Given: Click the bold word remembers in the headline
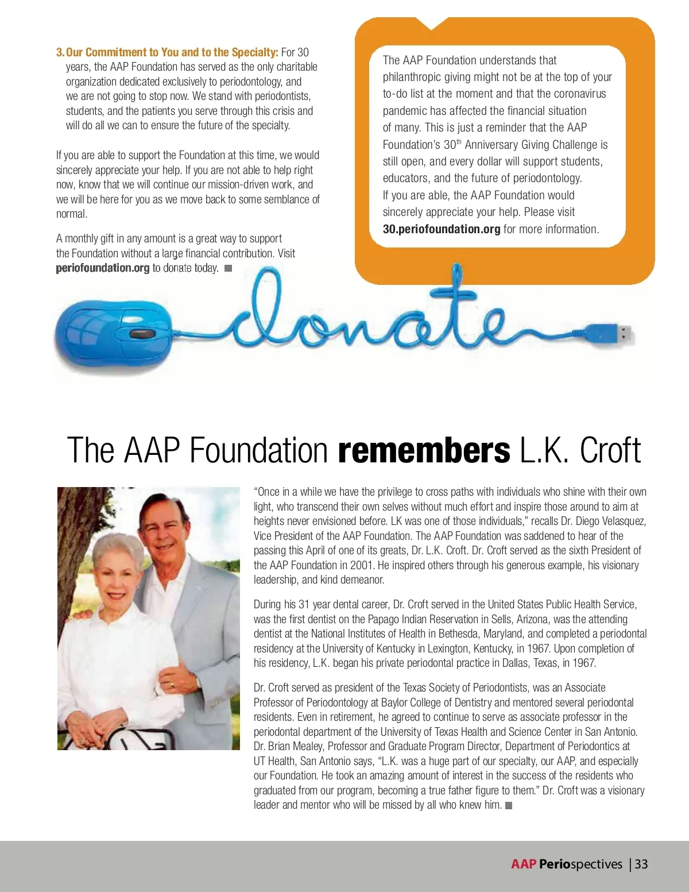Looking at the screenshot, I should click(x=424, y=450).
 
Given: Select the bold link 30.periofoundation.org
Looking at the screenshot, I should click(x=442, y=229).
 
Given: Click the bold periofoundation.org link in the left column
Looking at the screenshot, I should click(x=102, y=268).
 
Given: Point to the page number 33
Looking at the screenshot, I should click(x=641, y=864).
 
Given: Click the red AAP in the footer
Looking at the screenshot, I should click(x=523, y=864).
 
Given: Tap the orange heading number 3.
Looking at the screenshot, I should click(x=60, y=52).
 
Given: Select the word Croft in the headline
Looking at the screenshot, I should click(x=610, y=450).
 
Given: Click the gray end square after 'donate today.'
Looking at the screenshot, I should click(x=228, y=268).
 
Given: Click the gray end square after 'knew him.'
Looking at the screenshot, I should click(x=508, y=805).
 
